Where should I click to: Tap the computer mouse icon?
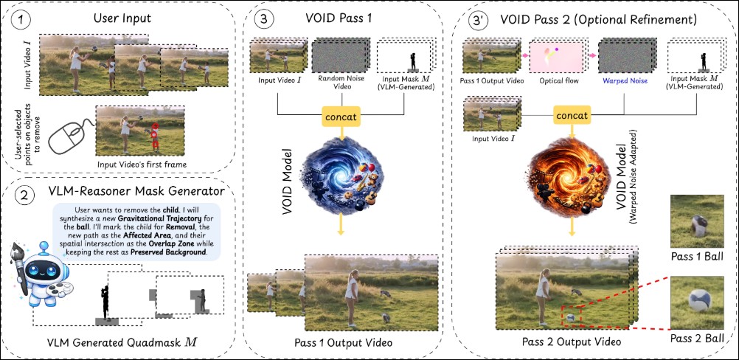[x=64, y=137]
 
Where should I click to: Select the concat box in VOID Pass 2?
[x=572, y=116]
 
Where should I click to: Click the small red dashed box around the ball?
[x=571, y=315]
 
